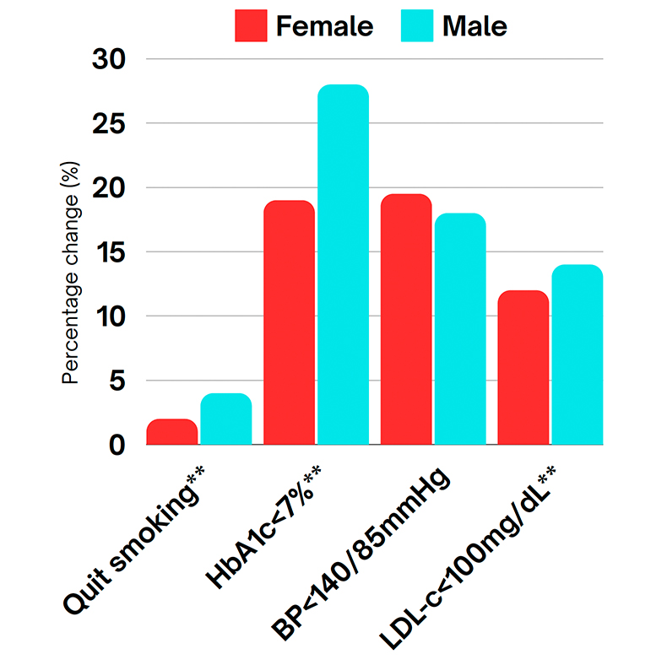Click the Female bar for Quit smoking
click(172, 432)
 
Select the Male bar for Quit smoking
click(226, 419)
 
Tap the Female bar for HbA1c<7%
click(289, 322)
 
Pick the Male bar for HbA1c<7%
click(343, 265)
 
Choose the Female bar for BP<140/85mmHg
click(406, 319)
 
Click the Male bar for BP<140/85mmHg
click(460, 329)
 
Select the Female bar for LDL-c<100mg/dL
click(523, 367)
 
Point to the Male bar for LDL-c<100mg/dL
click(578, 354)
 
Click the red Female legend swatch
click(251, 26)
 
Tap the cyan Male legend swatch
click(416, 26)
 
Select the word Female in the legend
click(324, 26)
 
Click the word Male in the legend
click(474, 26)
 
